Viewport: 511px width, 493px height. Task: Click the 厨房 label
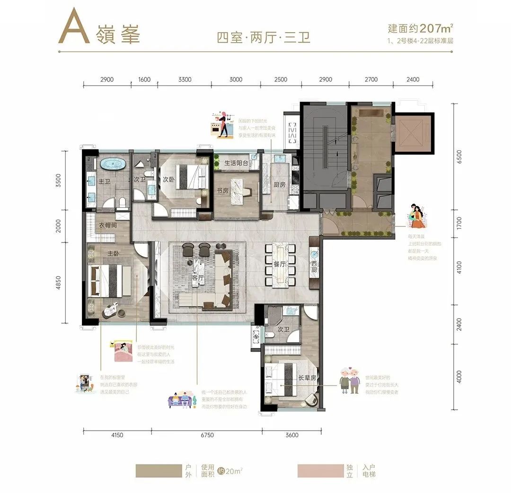coord(279,185)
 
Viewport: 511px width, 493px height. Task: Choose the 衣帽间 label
coord(108,225)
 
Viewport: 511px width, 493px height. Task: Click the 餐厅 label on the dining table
coord(280,265)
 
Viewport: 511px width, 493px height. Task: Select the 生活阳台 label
coord(237,163)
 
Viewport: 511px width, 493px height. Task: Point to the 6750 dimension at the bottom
coord(207,435)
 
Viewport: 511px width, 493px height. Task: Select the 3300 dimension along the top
coord(185,79)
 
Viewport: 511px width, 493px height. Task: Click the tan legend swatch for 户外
coord(156,471)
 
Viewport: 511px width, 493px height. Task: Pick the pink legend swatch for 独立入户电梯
coord(317,471)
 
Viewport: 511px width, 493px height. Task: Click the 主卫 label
coord(104,181)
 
